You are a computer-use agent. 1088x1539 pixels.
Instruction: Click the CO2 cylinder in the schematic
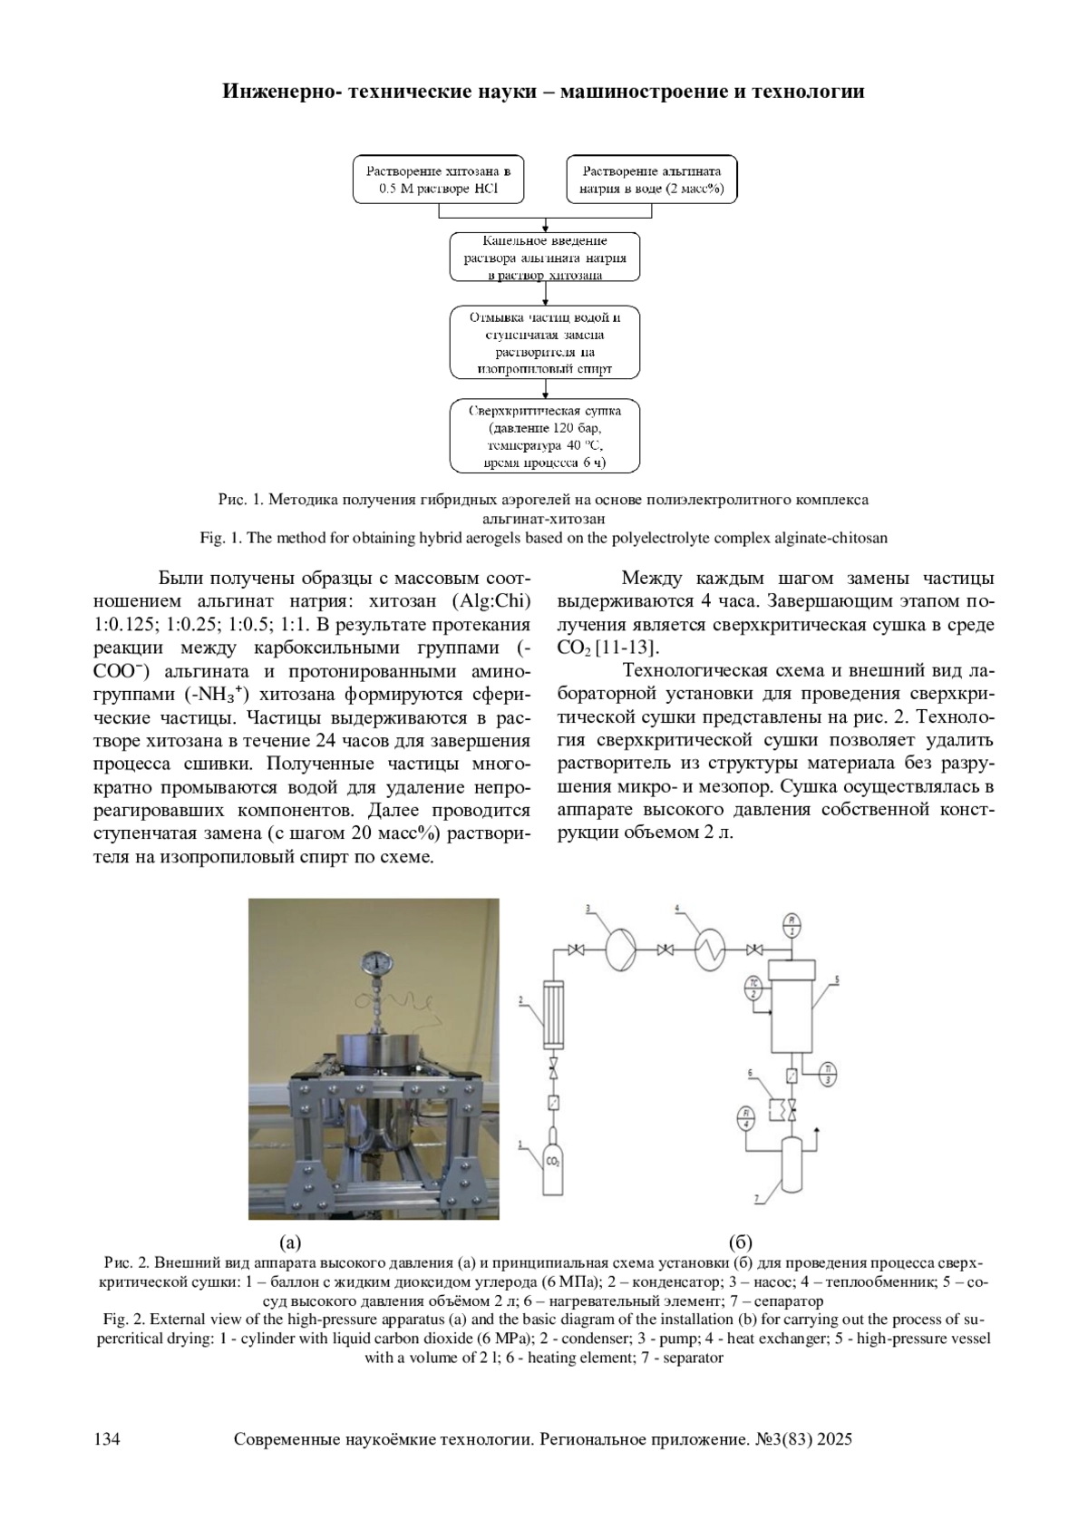[552, 1161]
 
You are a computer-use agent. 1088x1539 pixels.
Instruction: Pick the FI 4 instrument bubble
[747, 1119]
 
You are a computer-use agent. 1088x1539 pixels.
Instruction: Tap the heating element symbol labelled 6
[775, 1108]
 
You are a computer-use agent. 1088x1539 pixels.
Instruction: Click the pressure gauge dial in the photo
[374, 963]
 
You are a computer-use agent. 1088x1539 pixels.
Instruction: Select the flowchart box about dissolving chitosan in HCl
[439, 180]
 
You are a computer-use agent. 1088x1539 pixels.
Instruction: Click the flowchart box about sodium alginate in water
[652, 180]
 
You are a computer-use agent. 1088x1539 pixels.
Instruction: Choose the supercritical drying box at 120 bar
[545, 437]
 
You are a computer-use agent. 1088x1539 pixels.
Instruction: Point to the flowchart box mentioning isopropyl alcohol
[545, 344]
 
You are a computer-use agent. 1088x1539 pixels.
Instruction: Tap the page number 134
[108, 1439]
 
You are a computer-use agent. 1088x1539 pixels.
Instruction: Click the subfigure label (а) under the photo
[289, 1242]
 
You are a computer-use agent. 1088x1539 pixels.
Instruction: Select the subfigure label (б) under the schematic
[741, 1242]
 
